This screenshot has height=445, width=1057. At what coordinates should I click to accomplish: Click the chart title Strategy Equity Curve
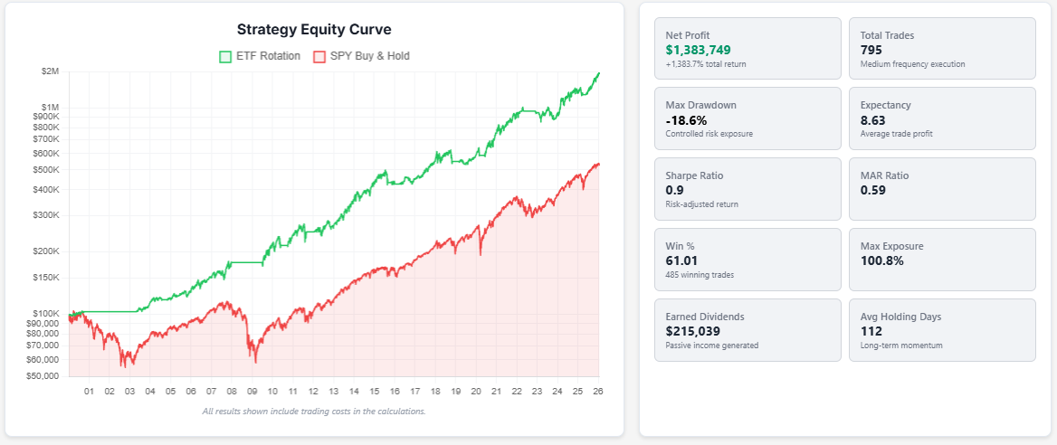point(314,30)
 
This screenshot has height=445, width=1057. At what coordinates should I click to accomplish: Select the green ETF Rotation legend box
point(225,56)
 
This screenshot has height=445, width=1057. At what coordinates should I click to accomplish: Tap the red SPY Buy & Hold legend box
point(319,56)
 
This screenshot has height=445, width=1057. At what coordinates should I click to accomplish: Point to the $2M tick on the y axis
point(50,71)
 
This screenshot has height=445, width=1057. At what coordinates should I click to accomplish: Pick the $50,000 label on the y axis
point(42,375)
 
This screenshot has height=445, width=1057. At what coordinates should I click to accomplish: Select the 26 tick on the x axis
point(597,392)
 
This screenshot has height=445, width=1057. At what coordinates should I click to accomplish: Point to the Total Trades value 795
point(871,50)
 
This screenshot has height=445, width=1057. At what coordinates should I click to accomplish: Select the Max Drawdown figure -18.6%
point(686,119)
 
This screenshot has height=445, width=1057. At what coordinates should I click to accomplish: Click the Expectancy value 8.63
point(873,119)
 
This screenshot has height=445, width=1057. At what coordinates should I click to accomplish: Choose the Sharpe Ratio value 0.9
point(674,190)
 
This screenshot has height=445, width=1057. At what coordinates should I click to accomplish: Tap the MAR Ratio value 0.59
point(873,190)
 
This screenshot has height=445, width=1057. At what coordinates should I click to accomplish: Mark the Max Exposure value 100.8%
point(881,260)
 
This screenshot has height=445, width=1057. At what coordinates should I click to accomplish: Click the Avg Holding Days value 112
point(871,331)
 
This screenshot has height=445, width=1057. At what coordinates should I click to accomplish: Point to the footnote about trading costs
point(314,412)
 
